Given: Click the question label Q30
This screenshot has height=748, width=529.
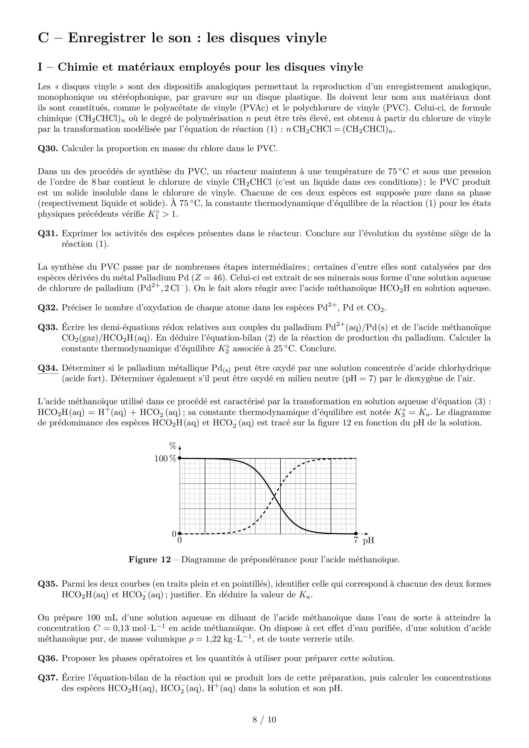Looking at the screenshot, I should coord(48,149).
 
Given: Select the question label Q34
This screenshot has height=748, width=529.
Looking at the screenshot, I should coord(48,368).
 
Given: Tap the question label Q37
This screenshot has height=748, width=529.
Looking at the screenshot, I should coord(48,678).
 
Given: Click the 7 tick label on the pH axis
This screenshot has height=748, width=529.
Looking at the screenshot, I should coord(356,540).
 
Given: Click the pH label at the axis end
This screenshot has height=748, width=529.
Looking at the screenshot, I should coord(368,541).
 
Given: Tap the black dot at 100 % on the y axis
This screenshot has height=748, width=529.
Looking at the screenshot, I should coord(180,458).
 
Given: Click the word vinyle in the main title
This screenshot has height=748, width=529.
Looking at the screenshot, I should coord(306,38).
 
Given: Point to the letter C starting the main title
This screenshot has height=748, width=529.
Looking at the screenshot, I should coord(43,38).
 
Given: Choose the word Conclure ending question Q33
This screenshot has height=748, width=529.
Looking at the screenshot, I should coord(318,349).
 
